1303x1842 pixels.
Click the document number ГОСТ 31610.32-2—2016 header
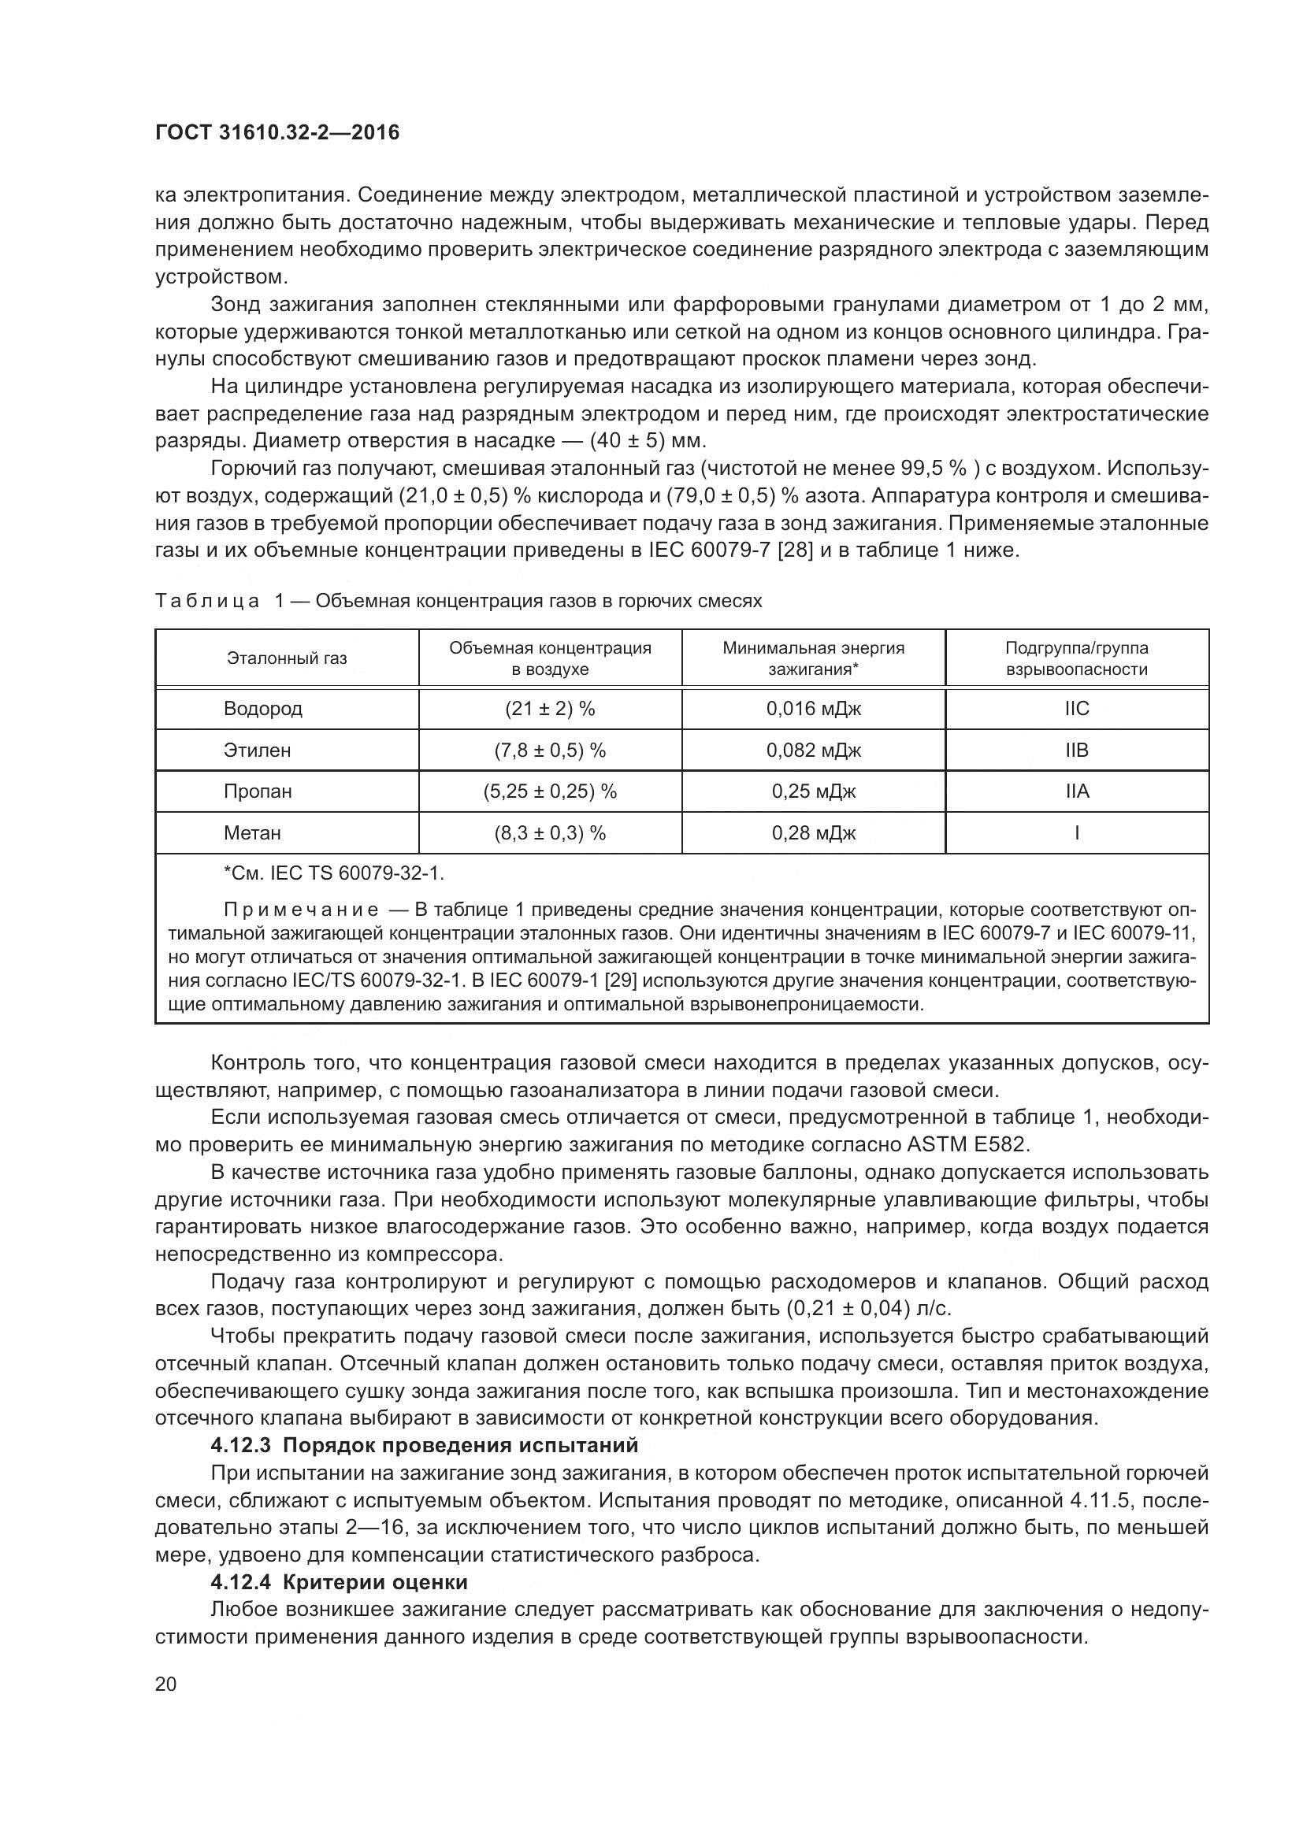point(277,133)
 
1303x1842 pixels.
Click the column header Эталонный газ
point(287,658)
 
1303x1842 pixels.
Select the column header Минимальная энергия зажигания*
point(813,658)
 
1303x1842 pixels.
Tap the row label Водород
point(262,710)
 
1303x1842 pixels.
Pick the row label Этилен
point(257,751)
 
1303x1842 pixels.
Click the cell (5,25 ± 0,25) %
point(550,791)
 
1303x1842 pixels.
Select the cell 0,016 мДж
point(813,710)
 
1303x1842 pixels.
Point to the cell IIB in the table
point(1077,751)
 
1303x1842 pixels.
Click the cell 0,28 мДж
point(813,833)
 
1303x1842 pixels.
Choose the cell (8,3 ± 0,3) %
point(550,833)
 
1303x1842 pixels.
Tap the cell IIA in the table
point(1077,791)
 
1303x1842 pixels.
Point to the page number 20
point(165,1684)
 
